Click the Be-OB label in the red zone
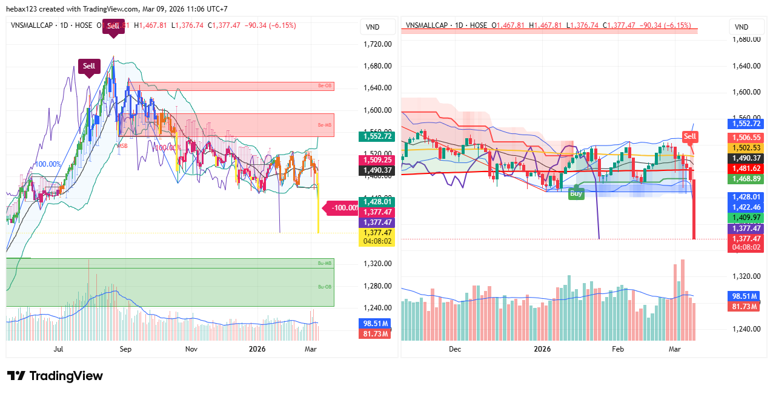pos(325,86)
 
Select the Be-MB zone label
pos(325,125)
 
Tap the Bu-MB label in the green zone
pos(325,263)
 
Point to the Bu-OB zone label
pos(325,287)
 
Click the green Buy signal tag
pos(576,194)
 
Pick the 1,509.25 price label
pos(376,160)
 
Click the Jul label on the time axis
pos(59,349)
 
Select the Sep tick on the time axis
pos(125,349)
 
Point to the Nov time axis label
pos(191,349)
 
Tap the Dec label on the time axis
pos(455,349)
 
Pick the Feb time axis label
pos(617,349)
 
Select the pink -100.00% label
pos(343,208)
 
